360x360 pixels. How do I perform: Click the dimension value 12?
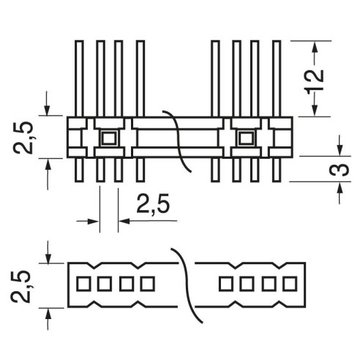tap(315, 80)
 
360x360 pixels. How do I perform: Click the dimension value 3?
tap(339, 169)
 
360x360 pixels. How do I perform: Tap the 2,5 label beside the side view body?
tap(23, 137)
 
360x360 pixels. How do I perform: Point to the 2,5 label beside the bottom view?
tap(21, 286)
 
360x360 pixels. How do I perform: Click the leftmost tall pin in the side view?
tap(79, 78)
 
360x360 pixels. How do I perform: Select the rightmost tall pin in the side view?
tap(276, 78)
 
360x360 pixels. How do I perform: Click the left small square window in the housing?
tap(109, 138)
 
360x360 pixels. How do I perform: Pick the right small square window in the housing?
tap(246, 138)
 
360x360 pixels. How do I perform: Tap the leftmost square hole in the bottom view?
tap(83, 284)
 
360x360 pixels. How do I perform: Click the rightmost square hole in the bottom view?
tap(290, 284)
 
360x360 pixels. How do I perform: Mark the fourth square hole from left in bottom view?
tap(148, 284)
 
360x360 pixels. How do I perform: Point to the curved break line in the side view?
tap(178, 141)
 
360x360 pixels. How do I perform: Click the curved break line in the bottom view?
tap(187, 285)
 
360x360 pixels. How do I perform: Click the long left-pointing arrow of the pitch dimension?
tap(148, 221)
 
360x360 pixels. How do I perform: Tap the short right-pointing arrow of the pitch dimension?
tap(88, 221)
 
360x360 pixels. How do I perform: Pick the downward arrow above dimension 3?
tap(340, 146)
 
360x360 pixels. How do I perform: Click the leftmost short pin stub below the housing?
tap(79, 170)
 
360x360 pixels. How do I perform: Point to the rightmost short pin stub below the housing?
tap(276, 170)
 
